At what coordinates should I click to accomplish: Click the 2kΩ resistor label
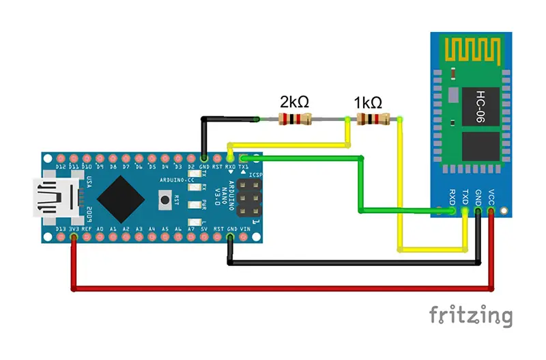tap(294, 102)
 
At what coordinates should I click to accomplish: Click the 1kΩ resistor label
tap(368, 102)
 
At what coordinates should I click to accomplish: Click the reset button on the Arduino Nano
tap(164, 199)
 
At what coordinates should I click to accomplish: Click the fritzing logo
tap(470, 316)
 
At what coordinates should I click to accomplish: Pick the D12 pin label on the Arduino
tap(61, 167)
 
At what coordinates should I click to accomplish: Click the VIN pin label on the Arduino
tap(244, 229)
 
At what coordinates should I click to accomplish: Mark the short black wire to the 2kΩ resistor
tap(225, 120)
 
